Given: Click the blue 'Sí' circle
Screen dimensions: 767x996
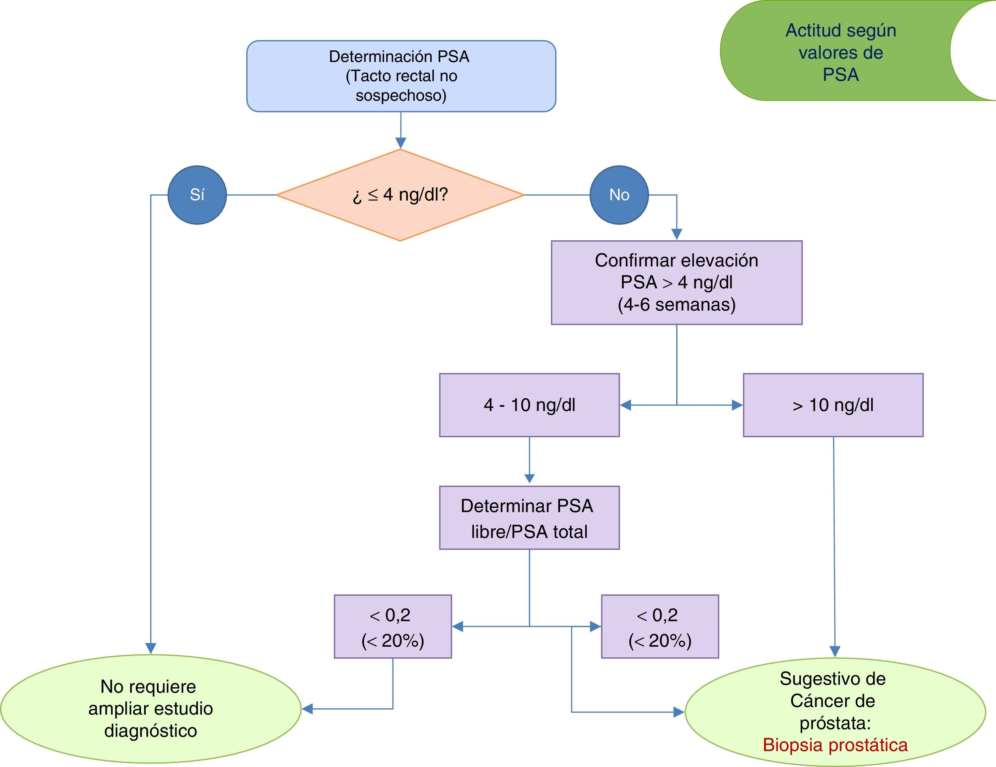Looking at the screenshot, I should [x=197, y=195].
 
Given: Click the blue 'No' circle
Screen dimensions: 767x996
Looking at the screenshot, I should [x=619, y=195].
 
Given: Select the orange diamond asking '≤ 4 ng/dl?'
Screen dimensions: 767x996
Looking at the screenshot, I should [x=400, y=195].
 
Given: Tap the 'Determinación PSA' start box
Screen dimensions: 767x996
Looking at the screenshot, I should [x=401, y=76].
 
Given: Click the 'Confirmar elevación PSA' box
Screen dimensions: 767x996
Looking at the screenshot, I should [x=676, y=282].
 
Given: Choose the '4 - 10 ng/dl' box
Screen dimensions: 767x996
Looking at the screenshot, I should [x=529, y=405].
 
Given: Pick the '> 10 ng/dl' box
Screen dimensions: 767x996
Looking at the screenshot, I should [x=833, y=405].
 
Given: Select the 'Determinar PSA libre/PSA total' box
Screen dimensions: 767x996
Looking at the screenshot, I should [x=529, y=518].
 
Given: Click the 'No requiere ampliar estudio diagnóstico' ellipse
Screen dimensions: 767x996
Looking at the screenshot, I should [x=151, y=709].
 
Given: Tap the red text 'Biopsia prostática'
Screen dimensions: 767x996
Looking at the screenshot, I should [x=835, y=745].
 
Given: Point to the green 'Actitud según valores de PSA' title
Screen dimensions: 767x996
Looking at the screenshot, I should [x=840, y=52].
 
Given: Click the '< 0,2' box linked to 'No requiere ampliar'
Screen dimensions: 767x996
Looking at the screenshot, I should [x=392, y=627].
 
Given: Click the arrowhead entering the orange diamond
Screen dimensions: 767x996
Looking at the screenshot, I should [x=400, y=143].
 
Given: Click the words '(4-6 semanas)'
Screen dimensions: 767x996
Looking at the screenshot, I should [x=676, y=304].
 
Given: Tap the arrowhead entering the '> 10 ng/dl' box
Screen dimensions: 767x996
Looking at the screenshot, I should [x=737, y=405].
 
